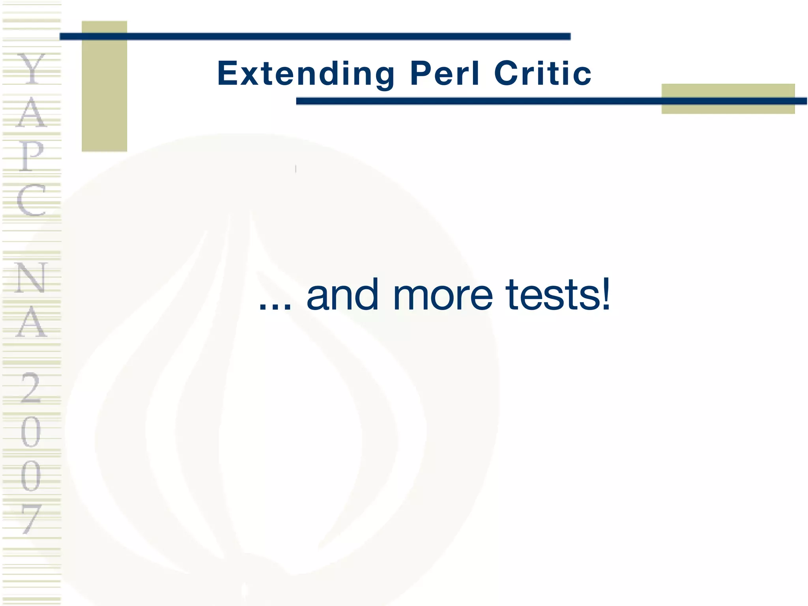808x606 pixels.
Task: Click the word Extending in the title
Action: (x=306, y=74)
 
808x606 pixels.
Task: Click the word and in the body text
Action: (x=342, y=295)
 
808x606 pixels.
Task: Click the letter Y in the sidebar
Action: (x=32, y=69)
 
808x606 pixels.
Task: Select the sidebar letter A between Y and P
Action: (x=32, y=112)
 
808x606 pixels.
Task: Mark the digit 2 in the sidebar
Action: (x=31, y=388)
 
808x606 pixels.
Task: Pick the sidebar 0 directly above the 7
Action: (x=31, y=476)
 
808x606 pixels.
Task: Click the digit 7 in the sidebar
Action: (x=31, y=519)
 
